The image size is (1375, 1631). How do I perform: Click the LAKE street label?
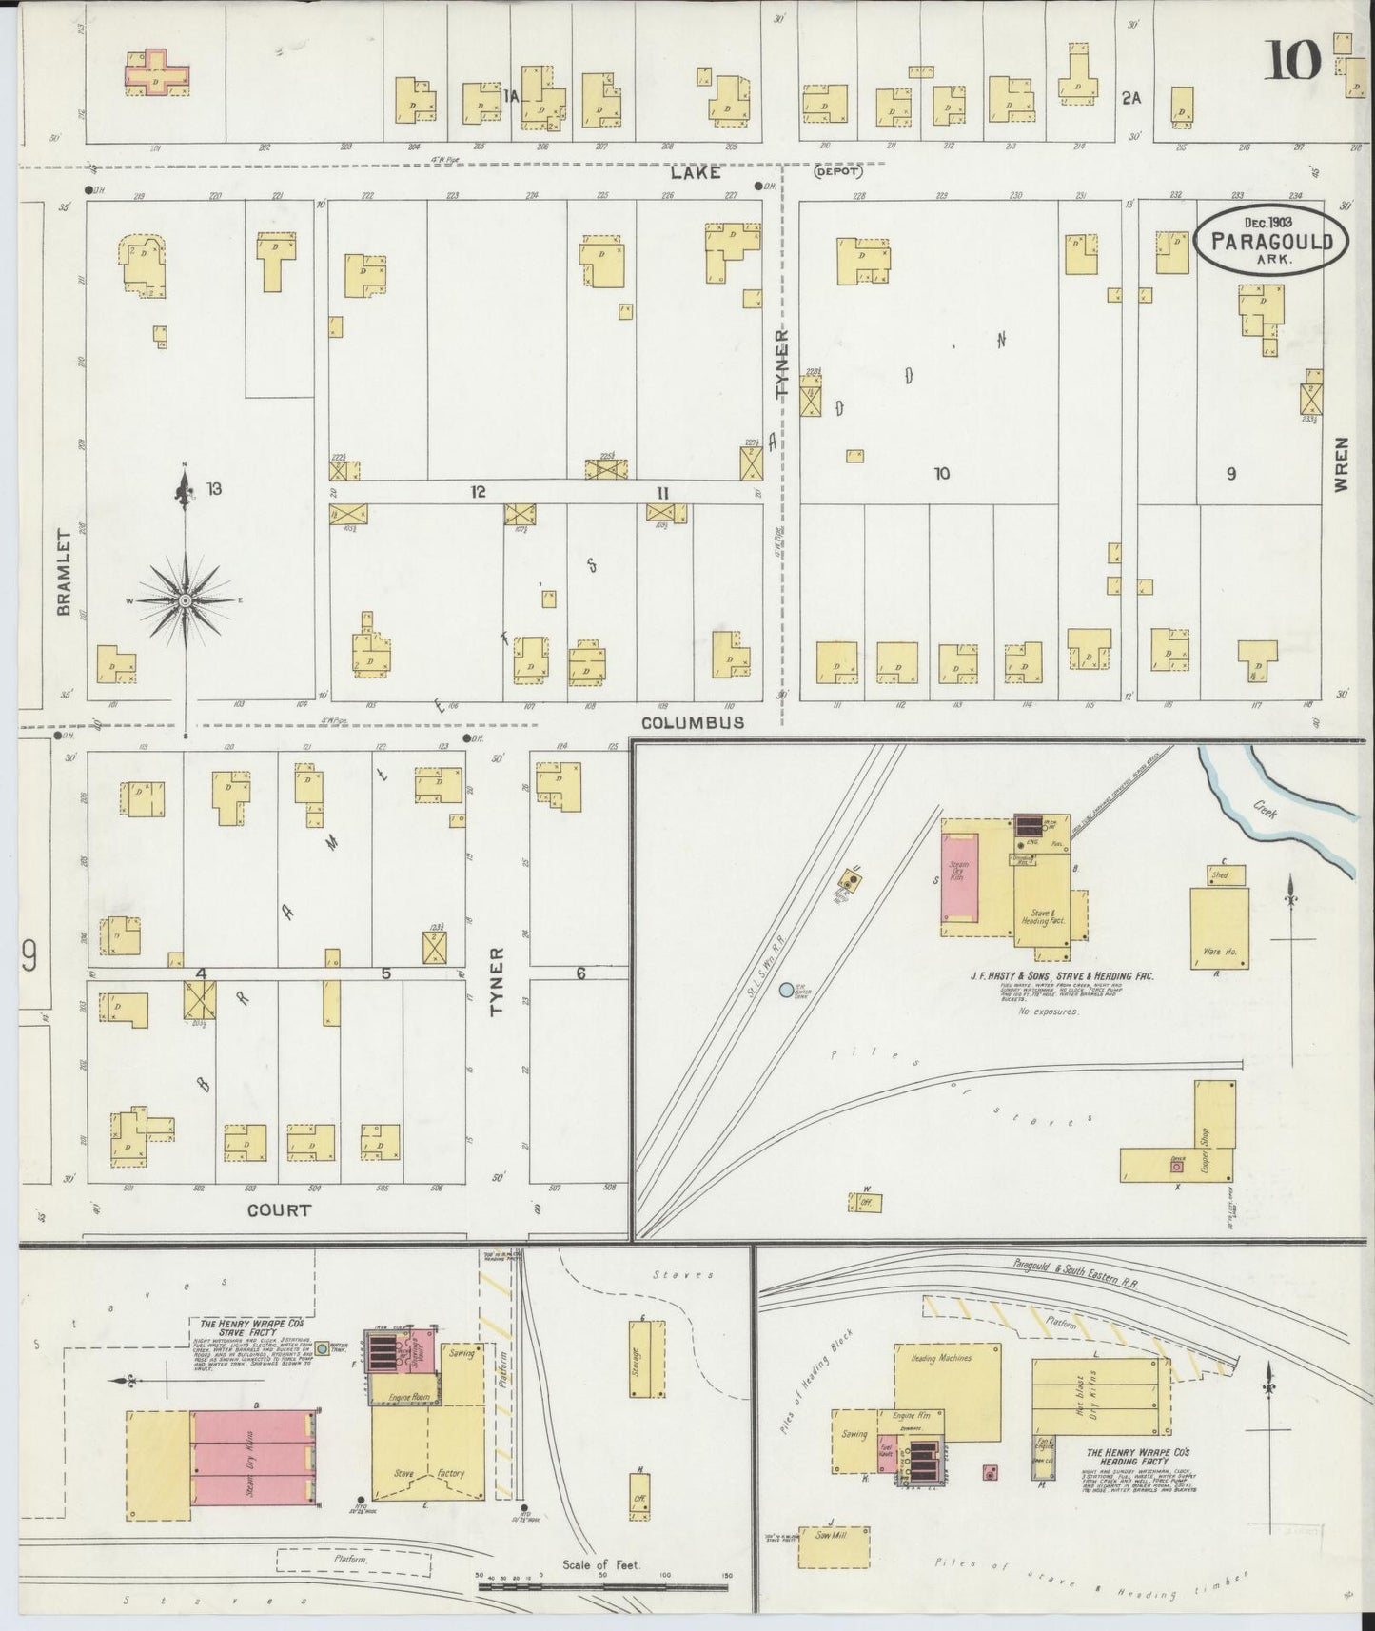pos(695,172)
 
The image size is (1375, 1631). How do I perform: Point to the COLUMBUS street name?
pos(692,722)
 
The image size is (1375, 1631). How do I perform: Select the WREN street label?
pos(1342,464)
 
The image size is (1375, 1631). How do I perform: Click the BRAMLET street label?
pos(65,572)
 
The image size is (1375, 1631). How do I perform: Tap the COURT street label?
pos(279,1210)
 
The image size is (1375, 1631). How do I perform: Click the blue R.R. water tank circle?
pos(786,991)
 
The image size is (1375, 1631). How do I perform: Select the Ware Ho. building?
pos(1219,928)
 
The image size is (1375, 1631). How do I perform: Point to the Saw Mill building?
pos(834,1547)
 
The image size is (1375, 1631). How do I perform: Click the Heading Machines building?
pos(947,1391)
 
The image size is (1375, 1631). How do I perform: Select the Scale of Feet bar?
pos(602,1587)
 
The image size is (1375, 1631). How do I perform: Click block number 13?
pos(214,489)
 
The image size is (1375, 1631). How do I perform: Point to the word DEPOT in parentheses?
pos(837,172)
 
